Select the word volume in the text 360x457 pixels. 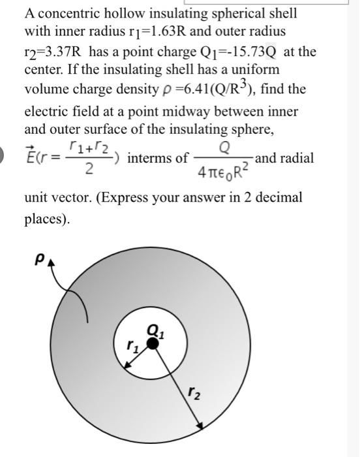point(47,89)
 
